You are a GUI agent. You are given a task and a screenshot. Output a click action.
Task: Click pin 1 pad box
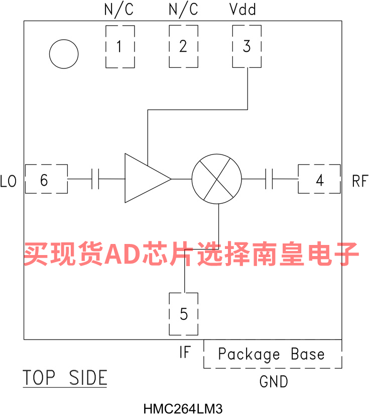pos(120,47)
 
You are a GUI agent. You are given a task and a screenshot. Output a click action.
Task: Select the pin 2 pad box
pos(183,47)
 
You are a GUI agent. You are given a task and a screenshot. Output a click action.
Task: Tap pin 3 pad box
pos(247,47)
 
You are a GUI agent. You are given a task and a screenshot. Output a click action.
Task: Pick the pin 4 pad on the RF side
pos(319,179)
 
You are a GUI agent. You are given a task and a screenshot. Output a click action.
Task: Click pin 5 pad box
pos(184,314)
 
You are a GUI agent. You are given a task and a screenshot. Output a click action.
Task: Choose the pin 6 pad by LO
pos(46,179)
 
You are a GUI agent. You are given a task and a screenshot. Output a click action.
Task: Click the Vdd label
pos(243,10)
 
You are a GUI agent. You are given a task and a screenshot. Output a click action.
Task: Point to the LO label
pos(9,181)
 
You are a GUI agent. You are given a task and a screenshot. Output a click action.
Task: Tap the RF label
pos(360,181)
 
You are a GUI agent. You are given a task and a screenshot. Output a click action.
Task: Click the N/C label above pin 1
pos(119,10)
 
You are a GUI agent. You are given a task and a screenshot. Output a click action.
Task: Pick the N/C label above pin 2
pos(183,10)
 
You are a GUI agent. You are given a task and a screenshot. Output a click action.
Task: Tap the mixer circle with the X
pos(217,179)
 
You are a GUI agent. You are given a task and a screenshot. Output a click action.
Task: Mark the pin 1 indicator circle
pos(64,53)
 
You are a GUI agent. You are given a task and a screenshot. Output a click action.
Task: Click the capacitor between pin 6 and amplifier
pos(96,179)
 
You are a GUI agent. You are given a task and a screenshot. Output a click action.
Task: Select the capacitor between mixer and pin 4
pos(269,179)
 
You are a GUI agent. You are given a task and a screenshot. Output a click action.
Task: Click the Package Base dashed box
pos(272,354)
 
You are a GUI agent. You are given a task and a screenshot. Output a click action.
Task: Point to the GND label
pos(274,382)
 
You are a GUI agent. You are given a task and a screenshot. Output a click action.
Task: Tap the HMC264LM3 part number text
pos(182,408)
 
